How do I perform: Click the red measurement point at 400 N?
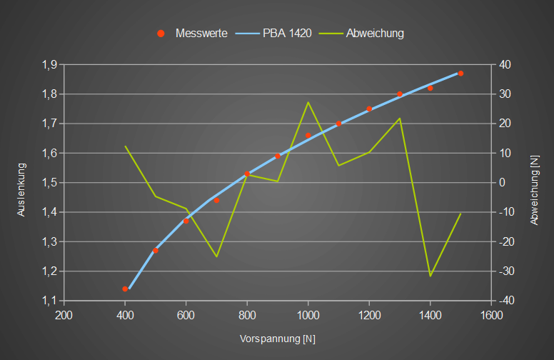pyautogui.click(x=125, y=289)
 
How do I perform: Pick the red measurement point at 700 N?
pyautogui.click(x=216, y=200)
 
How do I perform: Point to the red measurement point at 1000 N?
pyautogui.click(x=308, y=135)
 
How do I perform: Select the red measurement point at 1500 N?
pyautogui.click(x=460, y=74)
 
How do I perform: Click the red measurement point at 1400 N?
pyautogui.click(x=430, y=88)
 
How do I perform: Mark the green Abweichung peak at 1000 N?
pyautogui.click(x=308, y=102)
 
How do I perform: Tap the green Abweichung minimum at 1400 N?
pyautogui.click(x=430, y=276)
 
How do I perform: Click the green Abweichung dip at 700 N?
pyautogui.click(x=216, y=256)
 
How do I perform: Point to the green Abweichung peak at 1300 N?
pyautogui.click(x=400, y=118)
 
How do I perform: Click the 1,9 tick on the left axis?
pyautogui.click(x=49, y=64)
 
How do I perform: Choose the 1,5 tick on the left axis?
pyautogui.click(x=49, y=183)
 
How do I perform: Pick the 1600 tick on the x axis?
pyautogui.click(x=490, y=316)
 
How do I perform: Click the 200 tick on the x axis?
pyautogui.click(x=64, y=316)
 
